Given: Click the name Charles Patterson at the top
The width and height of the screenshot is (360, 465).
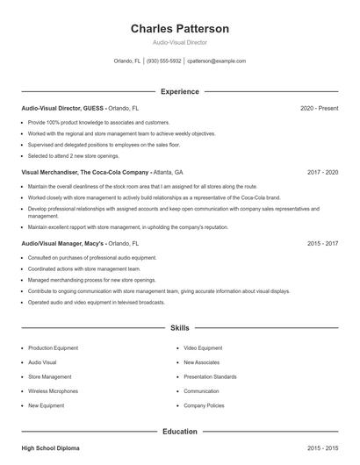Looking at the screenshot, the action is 180,29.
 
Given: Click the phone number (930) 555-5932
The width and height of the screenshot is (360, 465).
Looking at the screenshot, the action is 164,61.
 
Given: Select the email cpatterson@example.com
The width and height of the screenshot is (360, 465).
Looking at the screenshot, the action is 216,61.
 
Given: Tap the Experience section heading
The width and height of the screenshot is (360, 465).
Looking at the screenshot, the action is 180,91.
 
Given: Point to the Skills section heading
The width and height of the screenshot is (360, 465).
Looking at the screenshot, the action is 180,328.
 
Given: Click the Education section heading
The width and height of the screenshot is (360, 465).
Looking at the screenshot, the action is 180,432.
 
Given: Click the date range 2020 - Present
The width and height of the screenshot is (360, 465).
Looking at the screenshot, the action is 319,108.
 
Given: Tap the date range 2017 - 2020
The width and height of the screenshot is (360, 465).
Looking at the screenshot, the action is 322,173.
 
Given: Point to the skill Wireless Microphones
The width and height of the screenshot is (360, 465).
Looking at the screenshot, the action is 53,391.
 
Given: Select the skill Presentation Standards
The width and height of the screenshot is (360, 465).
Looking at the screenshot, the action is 210,376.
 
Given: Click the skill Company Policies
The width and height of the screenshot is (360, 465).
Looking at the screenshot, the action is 204,406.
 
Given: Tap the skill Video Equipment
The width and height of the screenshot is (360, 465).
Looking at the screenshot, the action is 203,347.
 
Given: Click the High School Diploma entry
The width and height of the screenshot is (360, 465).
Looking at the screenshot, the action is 50,448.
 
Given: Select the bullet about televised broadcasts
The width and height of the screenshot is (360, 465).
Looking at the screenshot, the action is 96,302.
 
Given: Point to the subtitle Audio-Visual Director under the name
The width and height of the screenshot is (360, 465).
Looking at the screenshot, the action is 180,41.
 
